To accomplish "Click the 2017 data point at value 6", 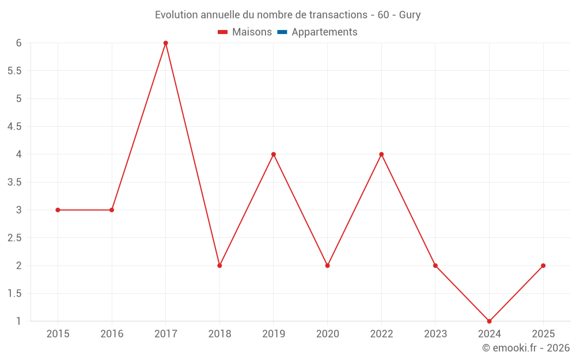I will coord(165,43).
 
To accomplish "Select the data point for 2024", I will coord(489,321).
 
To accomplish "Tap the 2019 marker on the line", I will coord(274,154).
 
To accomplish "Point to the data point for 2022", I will coord(381,154).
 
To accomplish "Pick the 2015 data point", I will coord(58,210).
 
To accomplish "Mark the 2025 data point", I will coord(543,266).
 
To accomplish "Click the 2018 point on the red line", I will coord(219,266).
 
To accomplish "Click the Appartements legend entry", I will coord(324,32).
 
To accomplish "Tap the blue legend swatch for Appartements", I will coord(282,32).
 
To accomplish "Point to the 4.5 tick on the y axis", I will coord(14,127).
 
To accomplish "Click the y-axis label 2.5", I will coord(14,238).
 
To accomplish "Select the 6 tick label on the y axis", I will coord(19,43).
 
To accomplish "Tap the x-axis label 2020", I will coord(327,334).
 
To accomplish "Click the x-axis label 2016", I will coord(112,334).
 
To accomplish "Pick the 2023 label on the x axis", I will coord(435,334).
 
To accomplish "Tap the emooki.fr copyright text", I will coord(526,348).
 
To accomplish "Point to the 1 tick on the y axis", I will coord(19,321).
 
